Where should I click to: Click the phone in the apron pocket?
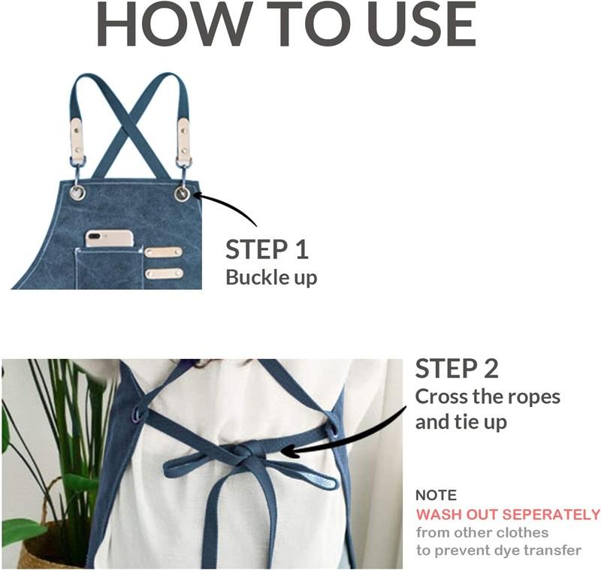pyautogui.click(x=110, y=238)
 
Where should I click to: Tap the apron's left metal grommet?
pyautogui.click(x=77, y=192)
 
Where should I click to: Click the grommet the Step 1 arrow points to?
pyautogui.click(x=182, y=194)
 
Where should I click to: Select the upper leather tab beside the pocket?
pyautogui.click(x=163, y=252)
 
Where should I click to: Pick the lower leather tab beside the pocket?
pyautogui.click(x=164, y=273)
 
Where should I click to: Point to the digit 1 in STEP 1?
pyautogui.click(x=302, y=249)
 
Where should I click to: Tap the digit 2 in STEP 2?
pyautogui.click(x=491, y=368)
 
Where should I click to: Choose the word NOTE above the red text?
pyautogui.click(x=436, y=496)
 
